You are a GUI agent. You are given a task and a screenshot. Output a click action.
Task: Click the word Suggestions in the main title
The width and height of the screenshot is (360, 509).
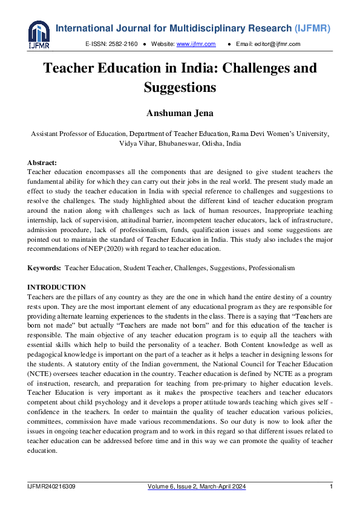(180, 88)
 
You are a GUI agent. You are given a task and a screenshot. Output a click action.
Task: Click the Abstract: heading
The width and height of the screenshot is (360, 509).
(42, 163)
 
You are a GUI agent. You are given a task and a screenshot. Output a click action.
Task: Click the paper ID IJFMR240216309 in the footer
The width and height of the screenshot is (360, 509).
(51, 487)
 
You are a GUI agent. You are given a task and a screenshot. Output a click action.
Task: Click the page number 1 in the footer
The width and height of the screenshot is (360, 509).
(331, 487)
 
